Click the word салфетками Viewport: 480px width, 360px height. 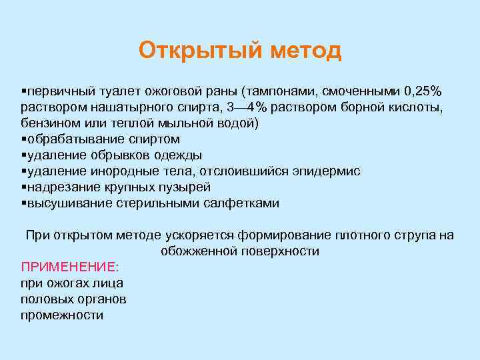tap(241, 203)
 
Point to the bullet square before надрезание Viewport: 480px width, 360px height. tap(23, 187)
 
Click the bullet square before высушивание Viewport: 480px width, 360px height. tap(23, 203)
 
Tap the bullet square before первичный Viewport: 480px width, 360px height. tap(23, 91)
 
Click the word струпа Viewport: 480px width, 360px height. tap(412, 235)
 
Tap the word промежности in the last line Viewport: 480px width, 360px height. tap(62, 315)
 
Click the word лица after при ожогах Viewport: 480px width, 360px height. tap(109, 283)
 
